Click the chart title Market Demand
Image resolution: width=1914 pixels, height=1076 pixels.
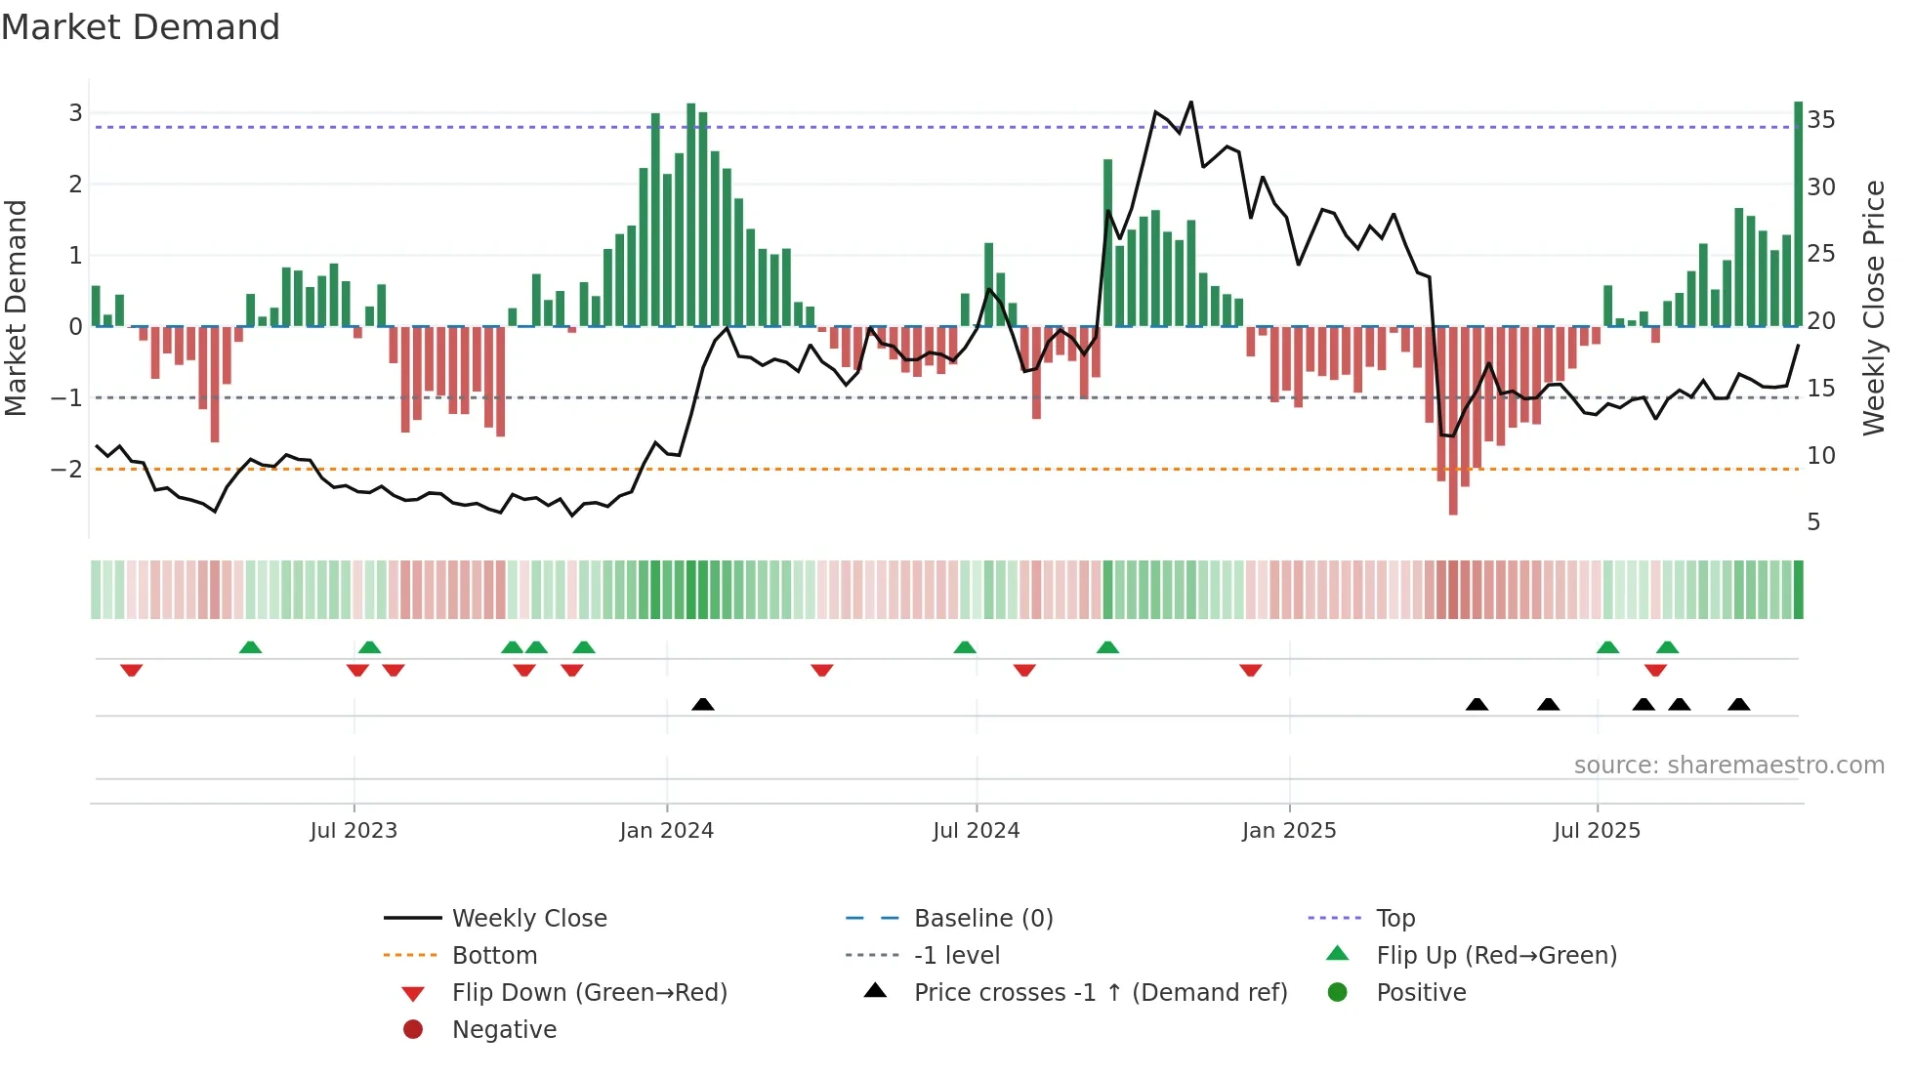pyautogui.click(x=141, y=26)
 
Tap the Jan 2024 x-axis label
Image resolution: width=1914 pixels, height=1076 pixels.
pyautogui.click(x=666, y=831)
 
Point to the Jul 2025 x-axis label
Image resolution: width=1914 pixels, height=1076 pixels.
pyautogui.click(x=1597, y=831)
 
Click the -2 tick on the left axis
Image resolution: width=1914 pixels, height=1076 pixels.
pyautogui.click(x=66, y=469)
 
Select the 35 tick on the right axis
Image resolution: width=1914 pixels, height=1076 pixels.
pyautogui.click(x=1820, y=120)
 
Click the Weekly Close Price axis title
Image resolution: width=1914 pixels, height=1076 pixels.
pyautogui.click(x=1873, y=308)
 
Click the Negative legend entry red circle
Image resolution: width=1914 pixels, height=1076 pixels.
pyautogui.click(x=413, y=1030)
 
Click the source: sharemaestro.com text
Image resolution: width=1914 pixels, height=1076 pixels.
pyautogui.click(x=1728, y=766)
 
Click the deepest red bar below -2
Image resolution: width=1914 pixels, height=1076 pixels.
pyautogui.click(x=1453, y=420)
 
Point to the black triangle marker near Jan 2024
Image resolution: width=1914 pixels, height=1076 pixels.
pyautogui.click(x=702, y=704)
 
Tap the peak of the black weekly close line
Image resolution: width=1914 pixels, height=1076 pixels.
pyautogui.click(x=1190, y=103)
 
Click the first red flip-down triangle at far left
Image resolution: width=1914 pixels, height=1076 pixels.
pyautogui.click(x=132, y=670)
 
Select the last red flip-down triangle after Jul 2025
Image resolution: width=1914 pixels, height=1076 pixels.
pyautogui.click(x=1655, y=670)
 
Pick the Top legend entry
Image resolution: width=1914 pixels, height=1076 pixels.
pyautogui.click(x=1394, y=919)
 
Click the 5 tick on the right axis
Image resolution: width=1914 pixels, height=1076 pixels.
pyautogui.click(x=1813, y=522)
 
